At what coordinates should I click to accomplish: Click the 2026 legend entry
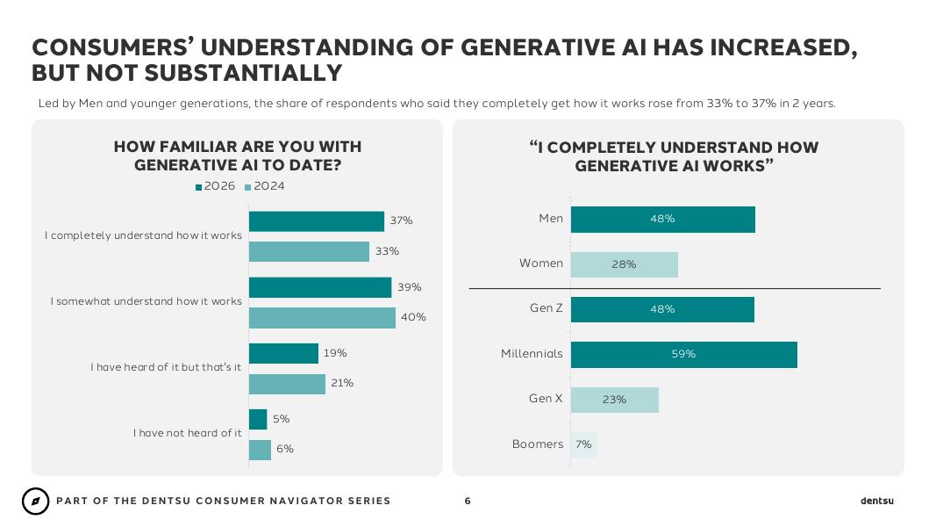click(x=216, y=186)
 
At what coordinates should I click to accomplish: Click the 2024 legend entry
click(x=264, y=186)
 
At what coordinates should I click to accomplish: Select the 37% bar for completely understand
click(x=317, y=221)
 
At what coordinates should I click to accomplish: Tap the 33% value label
click(x=387, y=251)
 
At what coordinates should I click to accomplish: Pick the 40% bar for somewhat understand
click(x=322, y=318)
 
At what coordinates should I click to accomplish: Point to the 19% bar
click(x=283, y=353)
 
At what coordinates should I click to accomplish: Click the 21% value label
click(x=342, y=383)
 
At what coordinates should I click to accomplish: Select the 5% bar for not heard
click(x=258, y=420)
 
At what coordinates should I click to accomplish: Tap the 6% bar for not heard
click(x=260, y=450)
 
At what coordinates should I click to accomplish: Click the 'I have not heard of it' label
click(x=188, y=433)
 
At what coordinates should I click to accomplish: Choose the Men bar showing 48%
click(x=662, y=220)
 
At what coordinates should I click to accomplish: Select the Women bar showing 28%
click(x=625, y=264)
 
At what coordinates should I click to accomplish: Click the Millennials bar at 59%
click(x=684, y=355)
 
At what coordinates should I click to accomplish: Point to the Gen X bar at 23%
click(x=615, y=400)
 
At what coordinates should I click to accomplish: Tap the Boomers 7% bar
click(x=584, y=445)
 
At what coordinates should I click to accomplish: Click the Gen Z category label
click(x=547, y=308)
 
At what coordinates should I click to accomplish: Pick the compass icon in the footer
click(x=35, y=502)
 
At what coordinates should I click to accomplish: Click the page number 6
click(x=468, y=502)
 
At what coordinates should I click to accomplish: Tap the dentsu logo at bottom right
click(x=877, y=501)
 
